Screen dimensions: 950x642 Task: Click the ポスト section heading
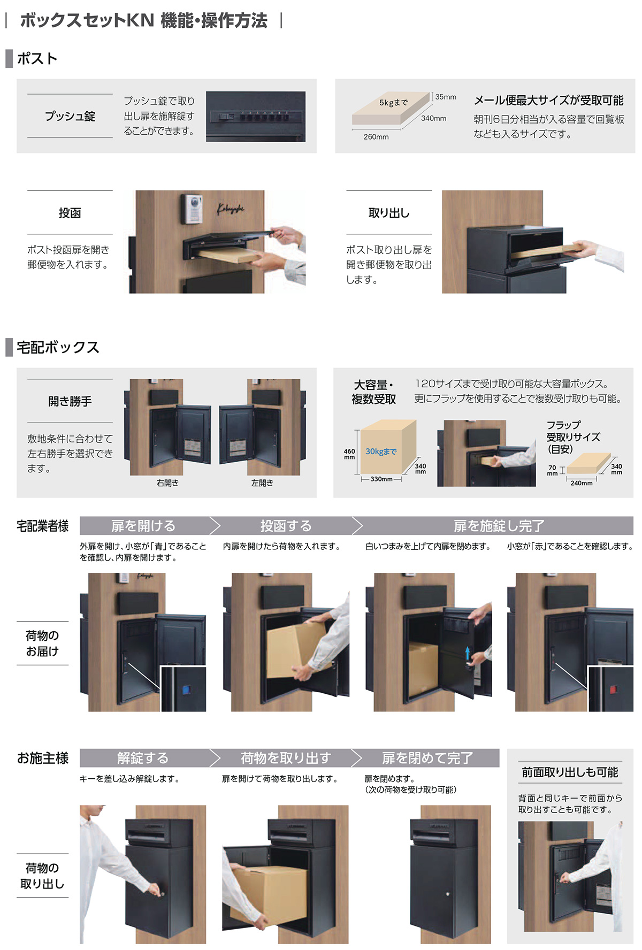(37, 58)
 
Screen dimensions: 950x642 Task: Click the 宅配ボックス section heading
(58, 347)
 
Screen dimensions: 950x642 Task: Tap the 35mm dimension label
(446, 97)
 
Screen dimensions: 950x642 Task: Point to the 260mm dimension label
(376, 137)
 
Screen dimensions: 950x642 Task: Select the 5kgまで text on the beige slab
(393, 103)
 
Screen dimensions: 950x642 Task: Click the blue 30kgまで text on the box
(381, 451)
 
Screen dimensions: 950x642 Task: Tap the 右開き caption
(167, 482)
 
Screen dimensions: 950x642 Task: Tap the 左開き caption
(262, 482)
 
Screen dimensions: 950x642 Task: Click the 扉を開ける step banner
(143, 526)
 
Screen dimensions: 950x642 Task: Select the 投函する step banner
(286, 526)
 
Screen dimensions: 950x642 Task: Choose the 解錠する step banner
(143, 758)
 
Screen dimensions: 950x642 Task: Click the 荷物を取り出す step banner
(286, 758)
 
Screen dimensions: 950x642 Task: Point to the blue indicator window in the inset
(187, 689)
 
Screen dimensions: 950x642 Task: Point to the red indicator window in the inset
(613, 689)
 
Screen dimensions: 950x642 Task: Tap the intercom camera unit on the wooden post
(193, 209)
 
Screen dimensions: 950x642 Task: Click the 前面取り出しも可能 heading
(570, 772)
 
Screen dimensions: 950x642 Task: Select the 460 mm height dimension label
(349, 454)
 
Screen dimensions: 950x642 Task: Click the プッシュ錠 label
(70, 116)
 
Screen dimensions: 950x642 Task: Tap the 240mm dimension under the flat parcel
(581, 483)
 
